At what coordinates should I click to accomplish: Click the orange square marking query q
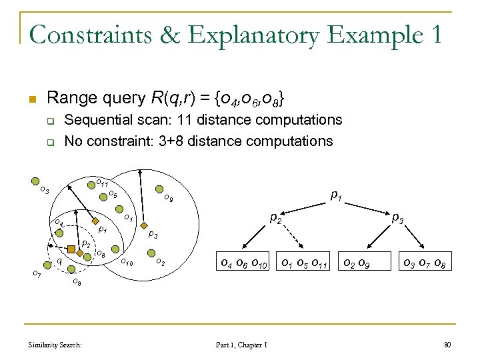point(71,251)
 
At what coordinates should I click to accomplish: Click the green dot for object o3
point(36,179)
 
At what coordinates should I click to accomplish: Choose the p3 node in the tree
point(397,217)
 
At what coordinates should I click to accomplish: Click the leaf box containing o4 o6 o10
point(243,266)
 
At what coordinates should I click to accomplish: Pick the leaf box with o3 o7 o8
point(424,266)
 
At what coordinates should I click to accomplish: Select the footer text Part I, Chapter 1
point(242,344)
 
